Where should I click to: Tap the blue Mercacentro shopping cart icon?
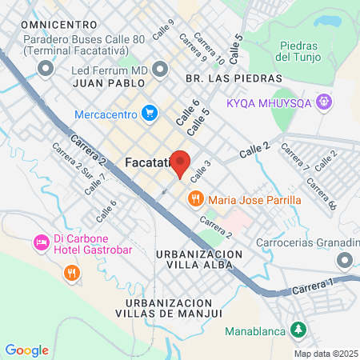point(149,114)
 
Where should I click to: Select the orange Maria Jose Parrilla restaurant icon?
point(194,199)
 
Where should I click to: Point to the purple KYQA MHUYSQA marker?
point(323,102)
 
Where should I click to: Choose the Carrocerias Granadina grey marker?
point(345,259)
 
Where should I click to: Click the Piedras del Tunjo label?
point(297,52)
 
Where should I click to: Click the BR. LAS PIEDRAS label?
point(234,78)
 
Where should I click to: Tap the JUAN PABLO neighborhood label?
point(109,82)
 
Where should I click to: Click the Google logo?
point(26,350)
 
